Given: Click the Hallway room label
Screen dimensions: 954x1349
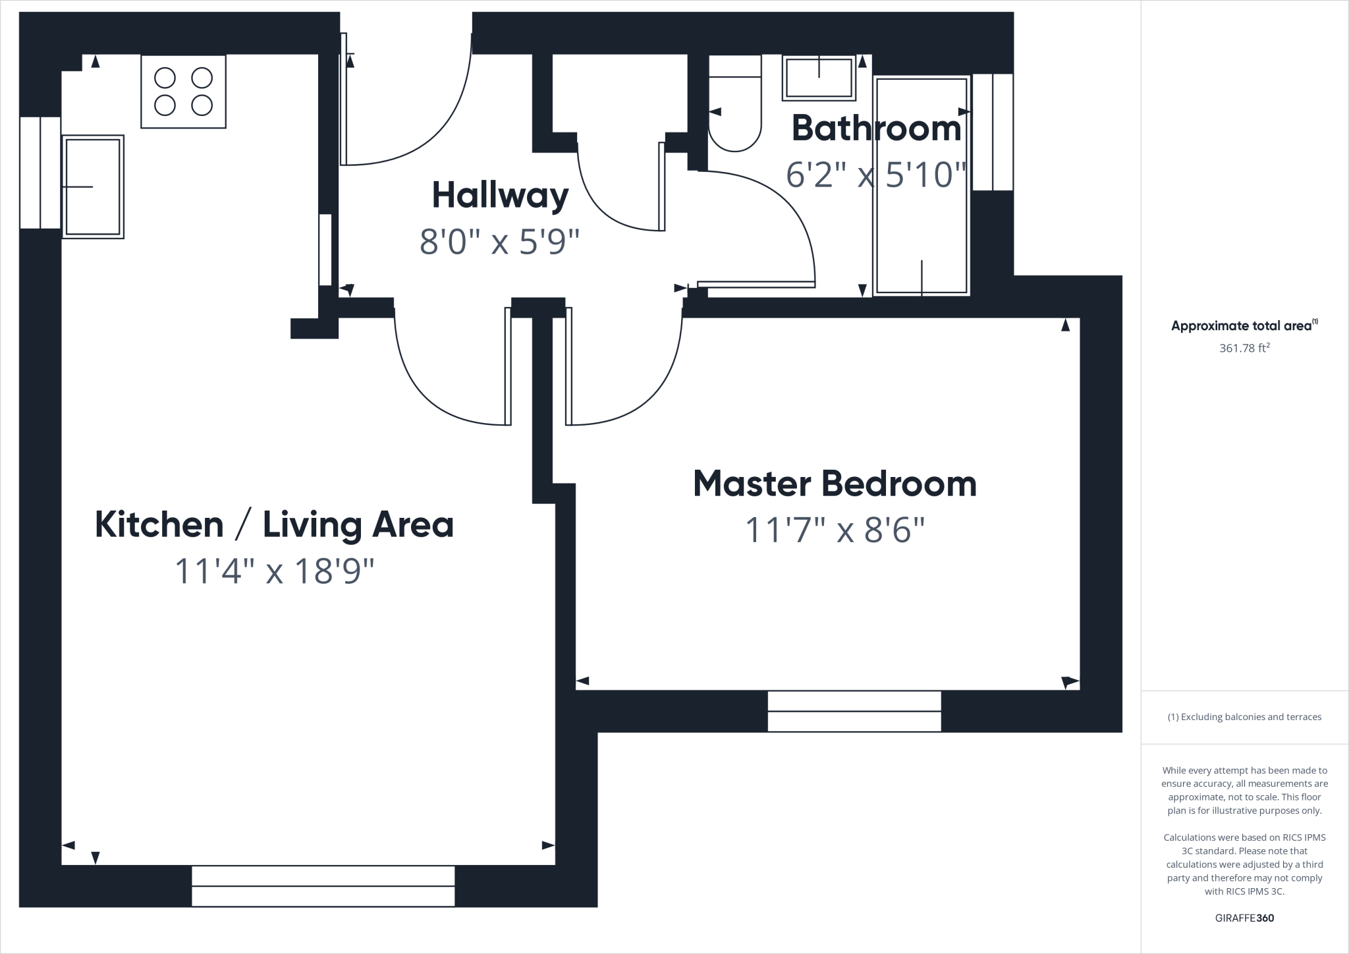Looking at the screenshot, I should click(x=500, y=196).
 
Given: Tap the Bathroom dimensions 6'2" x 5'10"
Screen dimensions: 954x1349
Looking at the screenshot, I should click(x=876, y=175).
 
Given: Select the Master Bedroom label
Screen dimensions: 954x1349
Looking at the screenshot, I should click(x=835, y=484).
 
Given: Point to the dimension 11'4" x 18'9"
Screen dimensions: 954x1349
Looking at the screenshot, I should click(x=274, y=571).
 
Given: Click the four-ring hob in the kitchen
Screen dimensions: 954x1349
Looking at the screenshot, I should click(x=183, y=92).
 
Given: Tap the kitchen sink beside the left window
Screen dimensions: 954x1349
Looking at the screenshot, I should click(x=93, y=186).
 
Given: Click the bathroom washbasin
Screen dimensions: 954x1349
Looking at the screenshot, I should click(x=819, y=78).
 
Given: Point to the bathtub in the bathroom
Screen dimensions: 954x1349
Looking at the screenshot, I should click(x=922, y=186).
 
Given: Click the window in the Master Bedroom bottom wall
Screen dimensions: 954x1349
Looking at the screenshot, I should click(x=854, y=711).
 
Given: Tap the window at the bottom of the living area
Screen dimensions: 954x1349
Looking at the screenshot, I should click(x=323, y=886).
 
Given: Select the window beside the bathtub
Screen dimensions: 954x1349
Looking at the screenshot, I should click(x=993, y=132).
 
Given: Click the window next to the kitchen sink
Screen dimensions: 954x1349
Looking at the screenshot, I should click(x=40, y=173).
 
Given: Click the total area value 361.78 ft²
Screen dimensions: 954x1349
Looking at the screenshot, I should click(x=1244, y=348).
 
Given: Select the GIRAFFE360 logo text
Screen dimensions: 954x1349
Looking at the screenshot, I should click(x=1244, y=918).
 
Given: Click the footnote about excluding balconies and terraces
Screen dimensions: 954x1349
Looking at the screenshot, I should click(x=1244, y=717).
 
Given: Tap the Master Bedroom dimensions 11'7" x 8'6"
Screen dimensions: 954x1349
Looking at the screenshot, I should click(x=835, y=530).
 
